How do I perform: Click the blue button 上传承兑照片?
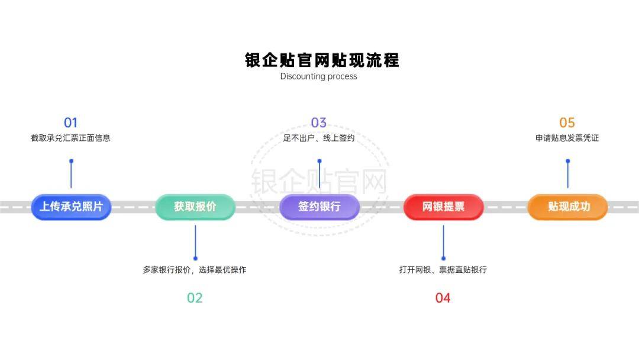71,207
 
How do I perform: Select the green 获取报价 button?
195,207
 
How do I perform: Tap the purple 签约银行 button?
319,207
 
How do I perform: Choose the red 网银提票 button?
443,207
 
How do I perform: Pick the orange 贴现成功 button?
567,207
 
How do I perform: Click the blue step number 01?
70,123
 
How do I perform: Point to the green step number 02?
195,298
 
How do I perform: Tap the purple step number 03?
319,123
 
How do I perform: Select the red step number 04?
443,298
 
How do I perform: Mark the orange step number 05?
567,123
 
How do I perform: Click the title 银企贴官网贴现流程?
322,60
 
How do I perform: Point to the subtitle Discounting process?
319,76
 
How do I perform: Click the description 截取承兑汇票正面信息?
70,138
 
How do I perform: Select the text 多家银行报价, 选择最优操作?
195,269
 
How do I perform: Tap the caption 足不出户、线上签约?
319,138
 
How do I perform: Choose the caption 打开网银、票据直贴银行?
443,269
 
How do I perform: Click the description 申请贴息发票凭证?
567,138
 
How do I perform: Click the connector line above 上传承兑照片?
72,175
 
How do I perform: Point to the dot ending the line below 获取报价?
196,259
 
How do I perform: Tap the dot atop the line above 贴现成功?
568,161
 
